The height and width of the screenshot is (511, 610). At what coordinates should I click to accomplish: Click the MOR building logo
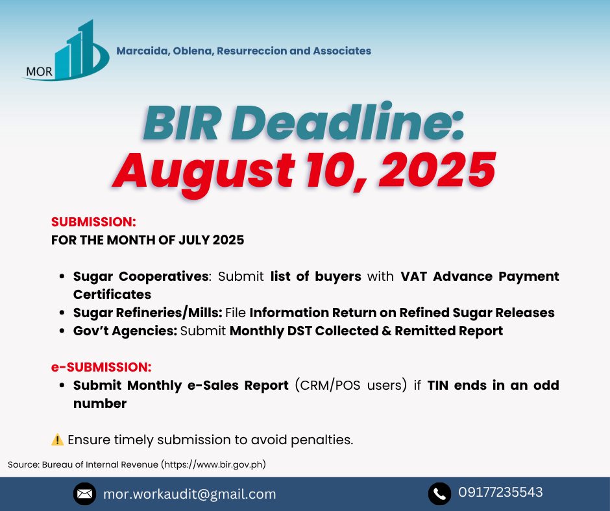pos(66,51)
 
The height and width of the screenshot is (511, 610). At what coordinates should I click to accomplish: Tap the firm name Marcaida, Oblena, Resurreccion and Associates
pos(243,51)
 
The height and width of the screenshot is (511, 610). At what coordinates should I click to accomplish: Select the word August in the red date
pos(203,171)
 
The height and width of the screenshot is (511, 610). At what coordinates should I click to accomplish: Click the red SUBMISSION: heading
pos(93,222)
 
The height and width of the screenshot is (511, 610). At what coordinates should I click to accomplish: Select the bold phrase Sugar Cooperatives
pos(141,276)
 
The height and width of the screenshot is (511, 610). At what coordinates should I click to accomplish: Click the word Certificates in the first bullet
pos(112,294)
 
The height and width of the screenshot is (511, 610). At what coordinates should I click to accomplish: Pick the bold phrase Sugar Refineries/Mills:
pos(148,313)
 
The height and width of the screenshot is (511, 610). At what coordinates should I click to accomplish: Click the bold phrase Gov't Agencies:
pos(125,331)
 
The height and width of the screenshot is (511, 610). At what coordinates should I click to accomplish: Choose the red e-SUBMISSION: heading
pos(101,367)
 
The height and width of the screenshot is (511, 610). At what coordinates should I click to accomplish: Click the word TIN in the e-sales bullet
pos(437,385)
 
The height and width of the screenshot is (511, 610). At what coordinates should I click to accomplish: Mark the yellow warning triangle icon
pos(58,440)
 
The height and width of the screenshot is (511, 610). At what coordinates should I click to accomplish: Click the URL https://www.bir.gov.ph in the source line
pos(213,464)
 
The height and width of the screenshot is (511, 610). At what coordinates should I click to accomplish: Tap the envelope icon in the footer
pos(84,494)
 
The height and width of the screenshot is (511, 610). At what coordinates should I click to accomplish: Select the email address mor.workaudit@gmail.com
pos(189,494)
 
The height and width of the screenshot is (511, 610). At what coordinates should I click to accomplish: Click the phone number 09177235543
pos(500,492)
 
